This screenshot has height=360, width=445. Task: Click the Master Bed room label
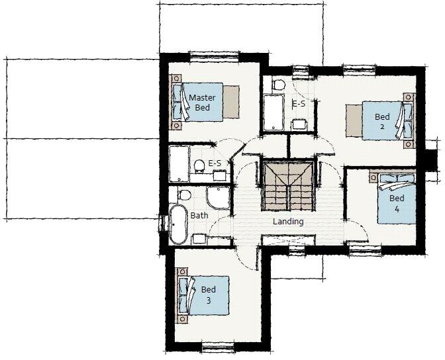pos(202,102)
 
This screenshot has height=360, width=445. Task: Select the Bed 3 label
pos(209,294)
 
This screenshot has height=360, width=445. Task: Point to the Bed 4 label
pos(396,203)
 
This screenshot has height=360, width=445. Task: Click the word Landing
pos(288,222)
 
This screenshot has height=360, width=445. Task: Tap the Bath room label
pos(199,216)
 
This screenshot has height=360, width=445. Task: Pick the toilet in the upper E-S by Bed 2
pos(279,85)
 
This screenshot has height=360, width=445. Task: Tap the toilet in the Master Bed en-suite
pos(199,165)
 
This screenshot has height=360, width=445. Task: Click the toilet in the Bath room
pos(185,196)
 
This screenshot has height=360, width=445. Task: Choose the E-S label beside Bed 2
pos(299,104)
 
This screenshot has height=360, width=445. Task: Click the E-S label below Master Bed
pos(215,163)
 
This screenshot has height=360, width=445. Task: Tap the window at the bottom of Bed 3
pos(219,345)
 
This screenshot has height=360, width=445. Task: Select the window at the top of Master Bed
pos(208,55)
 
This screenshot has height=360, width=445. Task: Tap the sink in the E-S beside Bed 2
pos(300,124)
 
